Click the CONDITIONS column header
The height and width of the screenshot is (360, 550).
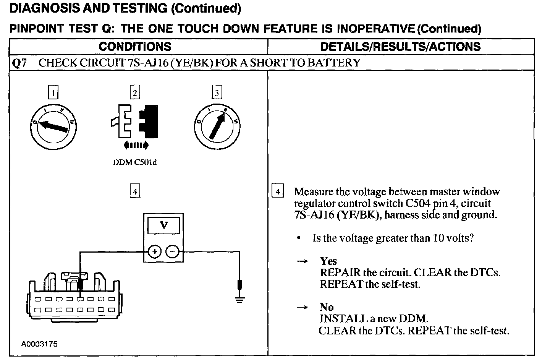click(x=135, y=47)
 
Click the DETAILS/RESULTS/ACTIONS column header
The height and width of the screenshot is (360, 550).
click(x=400, y=47)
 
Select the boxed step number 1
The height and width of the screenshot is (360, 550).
click(x=53, y=92)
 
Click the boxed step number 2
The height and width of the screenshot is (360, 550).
click(x=135, y=92)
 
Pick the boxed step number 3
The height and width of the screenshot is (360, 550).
click(x=217, y=92)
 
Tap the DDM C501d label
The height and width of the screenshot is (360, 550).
click(x=135, y=162)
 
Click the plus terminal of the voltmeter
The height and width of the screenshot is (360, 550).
click(x=154, y=252)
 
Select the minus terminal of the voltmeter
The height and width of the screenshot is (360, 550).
click(x=172, y=252)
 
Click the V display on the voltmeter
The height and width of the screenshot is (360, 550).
click(x=163, y=225)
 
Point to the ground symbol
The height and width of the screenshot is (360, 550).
click(x=239, y=299)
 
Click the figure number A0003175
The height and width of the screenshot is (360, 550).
click(x=39, y=344)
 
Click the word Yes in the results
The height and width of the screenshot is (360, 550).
click(x=328, y=261)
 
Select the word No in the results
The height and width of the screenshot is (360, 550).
click(x=327, y=307)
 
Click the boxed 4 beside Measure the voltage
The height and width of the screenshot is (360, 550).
click(x=277, y=191)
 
